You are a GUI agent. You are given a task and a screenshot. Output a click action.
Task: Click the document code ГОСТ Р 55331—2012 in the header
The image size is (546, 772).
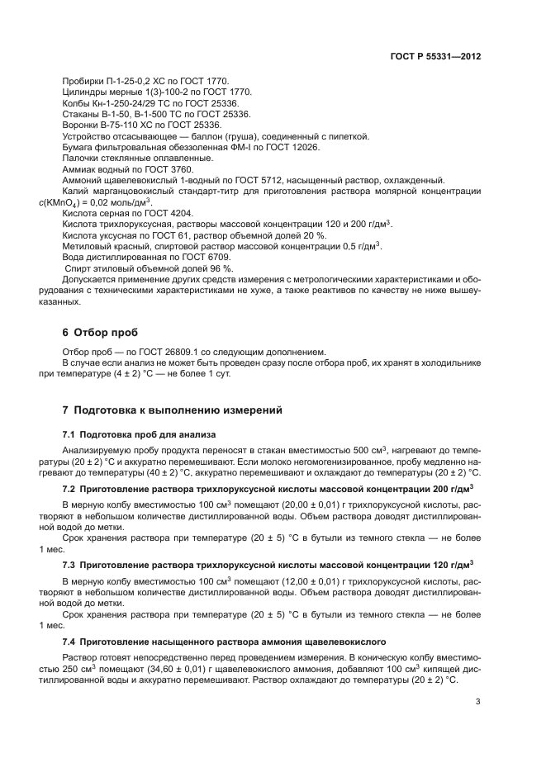pos(436,56)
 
